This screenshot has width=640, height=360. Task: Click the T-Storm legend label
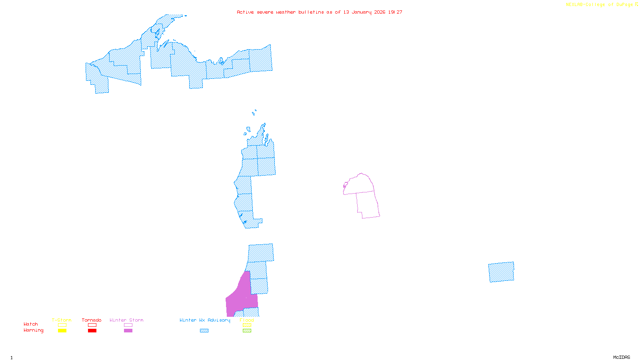point(62,320)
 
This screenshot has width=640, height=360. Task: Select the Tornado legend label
point(92,320)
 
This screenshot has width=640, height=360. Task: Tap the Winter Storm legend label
point(126,320)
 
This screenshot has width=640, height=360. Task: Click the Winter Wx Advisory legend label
point(205,320)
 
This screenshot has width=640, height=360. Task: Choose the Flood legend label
point(247,320)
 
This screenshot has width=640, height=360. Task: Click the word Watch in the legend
point(31,324)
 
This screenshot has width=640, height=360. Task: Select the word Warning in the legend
point(33,330)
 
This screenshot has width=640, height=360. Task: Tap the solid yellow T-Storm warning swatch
point(62,331)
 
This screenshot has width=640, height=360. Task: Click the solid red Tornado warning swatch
point(92,331)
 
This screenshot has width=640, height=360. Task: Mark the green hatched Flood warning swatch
point(247,331)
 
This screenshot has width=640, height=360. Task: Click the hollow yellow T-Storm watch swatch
point(62,325)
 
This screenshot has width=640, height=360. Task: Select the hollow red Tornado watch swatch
point(92,325)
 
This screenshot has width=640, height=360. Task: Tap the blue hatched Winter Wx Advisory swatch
point(204,331)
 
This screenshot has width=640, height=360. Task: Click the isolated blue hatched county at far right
point(501,272)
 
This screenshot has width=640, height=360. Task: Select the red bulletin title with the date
point(320,12)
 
